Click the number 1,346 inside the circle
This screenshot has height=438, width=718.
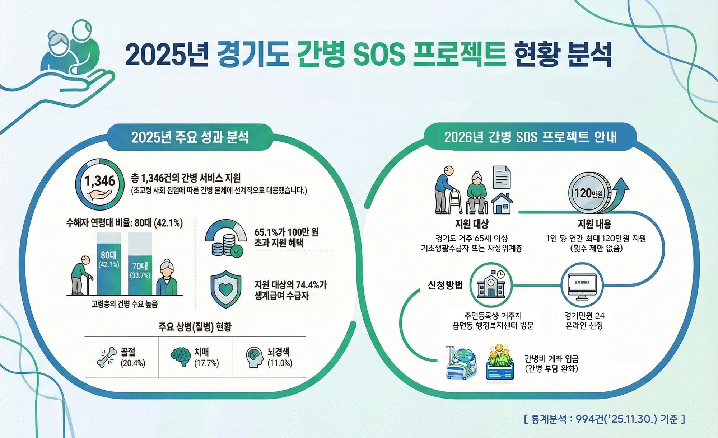tap(100, 181)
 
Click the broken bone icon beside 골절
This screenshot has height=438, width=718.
tap(107, 357)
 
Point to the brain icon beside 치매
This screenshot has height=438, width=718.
tap(181, 356)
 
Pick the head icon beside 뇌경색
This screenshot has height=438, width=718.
tap(255, 357)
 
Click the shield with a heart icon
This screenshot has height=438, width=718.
tap(226, 289)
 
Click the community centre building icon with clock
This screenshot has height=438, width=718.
tap(491, 285)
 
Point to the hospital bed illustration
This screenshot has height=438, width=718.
tap(461, 364)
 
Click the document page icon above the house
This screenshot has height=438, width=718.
tap(502, 177)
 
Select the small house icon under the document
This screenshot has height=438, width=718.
tap(502, 203)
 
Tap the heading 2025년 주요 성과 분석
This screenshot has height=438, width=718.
tap(190, 137)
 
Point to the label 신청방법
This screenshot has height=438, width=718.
tap(445, 285)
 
